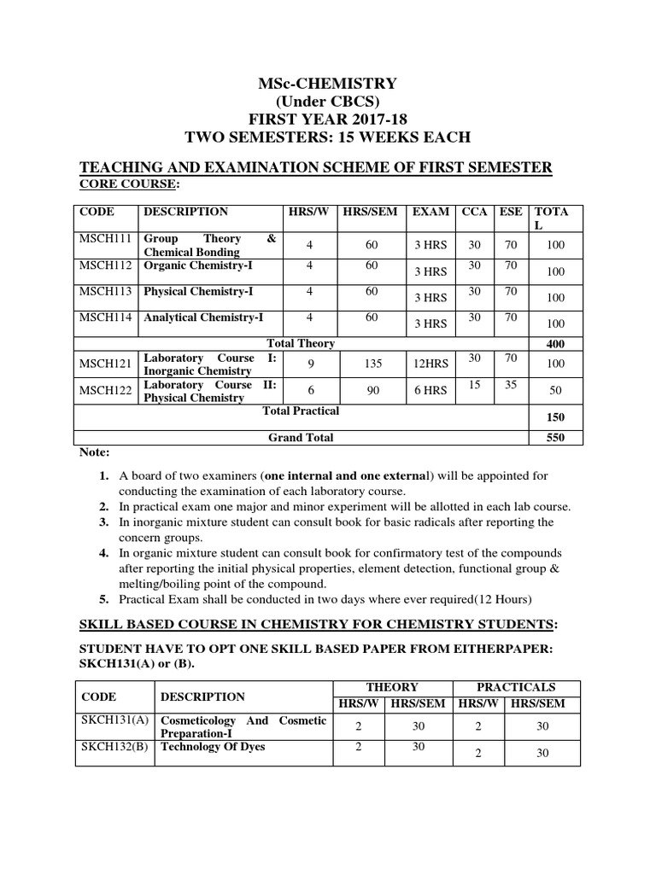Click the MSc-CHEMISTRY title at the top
pos(328,83)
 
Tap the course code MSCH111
pos(106,239)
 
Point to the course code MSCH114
pos(106,318)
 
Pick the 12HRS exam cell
pos(429,364)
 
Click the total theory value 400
pos(555,343)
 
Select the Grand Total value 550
pos(555,438)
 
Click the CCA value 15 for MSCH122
pos(474,385)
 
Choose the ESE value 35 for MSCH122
pos(511,385)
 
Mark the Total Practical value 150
pos(555,417)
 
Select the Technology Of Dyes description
pos(213,747)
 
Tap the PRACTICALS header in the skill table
pos(516,687)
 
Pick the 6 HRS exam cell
pos(429,390)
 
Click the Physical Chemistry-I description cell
pos(198,292)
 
